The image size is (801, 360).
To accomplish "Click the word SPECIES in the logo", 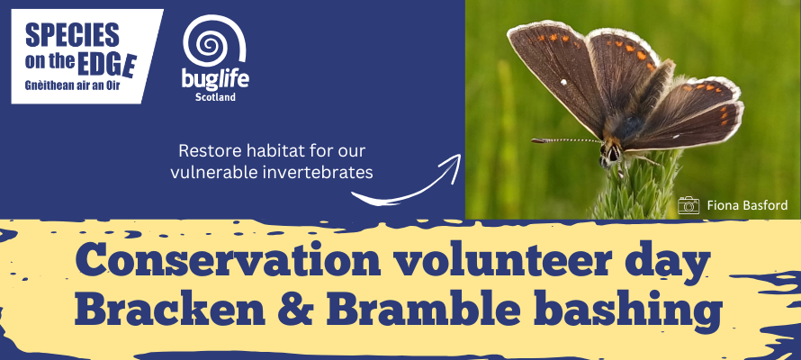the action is (x=72, y=35).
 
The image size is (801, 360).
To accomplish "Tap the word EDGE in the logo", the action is (x=107, y=64).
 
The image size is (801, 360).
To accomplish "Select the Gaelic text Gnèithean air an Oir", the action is (x=73, y=86).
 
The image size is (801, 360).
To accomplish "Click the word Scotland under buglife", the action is (x=215, y=97).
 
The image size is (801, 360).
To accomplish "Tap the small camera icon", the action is (x=688, y=205).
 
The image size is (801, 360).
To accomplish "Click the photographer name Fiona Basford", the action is (x=747, y=205).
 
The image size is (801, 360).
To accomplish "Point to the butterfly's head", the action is (x=611, y=152).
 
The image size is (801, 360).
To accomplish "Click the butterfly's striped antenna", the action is (x=566, y=140).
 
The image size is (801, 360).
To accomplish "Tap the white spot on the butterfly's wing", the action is (x=563, y=82).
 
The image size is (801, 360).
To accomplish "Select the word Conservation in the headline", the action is (x=228, y=260).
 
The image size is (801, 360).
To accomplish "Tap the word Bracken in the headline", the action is (x=169, y=310).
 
